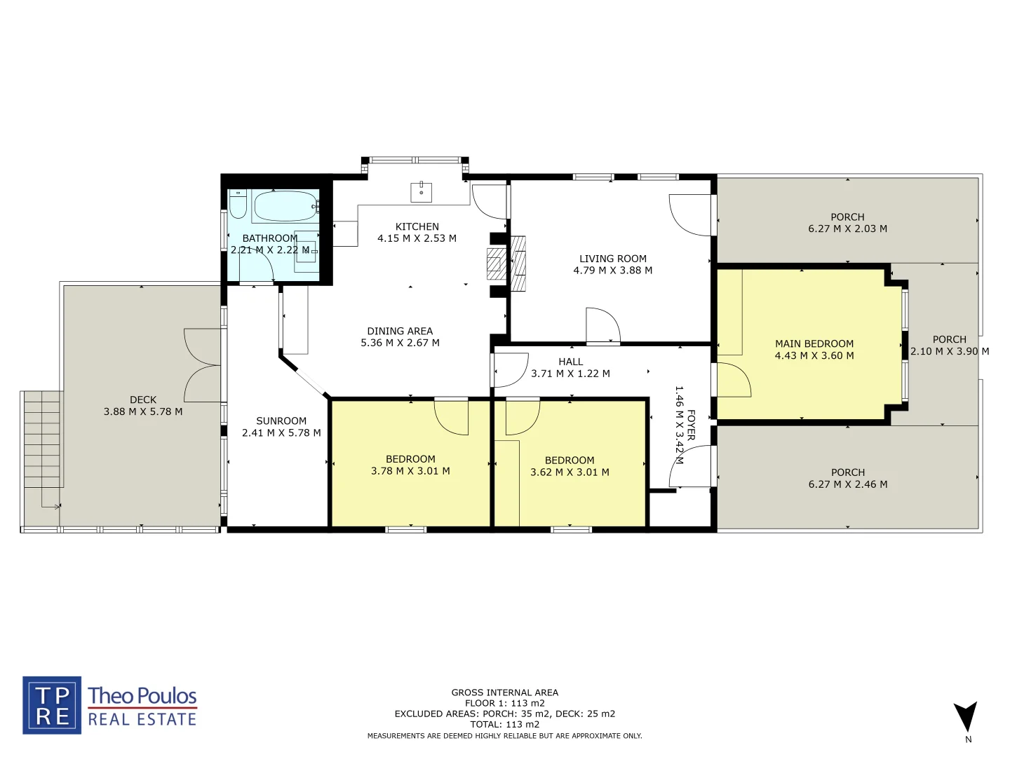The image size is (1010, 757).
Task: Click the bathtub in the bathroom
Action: click(x=285, y=206)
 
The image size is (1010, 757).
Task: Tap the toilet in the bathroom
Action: click(x=238, y=204)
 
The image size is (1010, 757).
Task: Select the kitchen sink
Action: click(x=421, y=191)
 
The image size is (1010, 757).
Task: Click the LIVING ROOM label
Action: click(x=613, y=259)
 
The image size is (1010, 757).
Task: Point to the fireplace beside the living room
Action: click(x=506, y=264)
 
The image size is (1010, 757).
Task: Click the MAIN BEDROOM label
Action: click(x=814, y=343)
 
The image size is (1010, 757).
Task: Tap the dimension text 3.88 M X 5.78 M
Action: click(x=143, y=411)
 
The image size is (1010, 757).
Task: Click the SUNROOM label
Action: click(x=281, y=421)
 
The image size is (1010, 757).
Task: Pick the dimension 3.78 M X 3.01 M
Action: click(x=410, y=471)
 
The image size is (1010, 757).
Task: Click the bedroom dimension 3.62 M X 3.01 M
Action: click(x=570, y=472)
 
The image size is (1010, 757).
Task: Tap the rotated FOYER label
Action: click(x=691, y=425)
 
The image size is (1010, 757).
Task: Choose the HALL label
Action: click(x=571, y=362)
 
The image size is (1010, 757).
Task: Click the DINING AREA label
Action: click(x=400, y=331)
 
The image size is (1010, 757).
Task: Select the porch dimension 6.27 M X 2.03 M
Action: click(x=847, y=229)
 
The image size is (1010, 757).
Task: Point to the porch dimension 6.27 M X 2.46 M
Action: click(x=847, y=484)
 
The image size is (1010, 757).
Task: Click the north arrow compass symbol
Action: click(x=966, y=717)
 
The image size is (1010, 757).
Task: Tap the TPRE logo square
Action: click(x=52, y=705)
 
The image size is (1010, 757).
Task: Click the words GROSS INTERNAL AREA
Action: click(x=504, y=693)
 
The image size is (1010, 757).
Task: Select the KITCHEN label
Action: click(x=417, y=226)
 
